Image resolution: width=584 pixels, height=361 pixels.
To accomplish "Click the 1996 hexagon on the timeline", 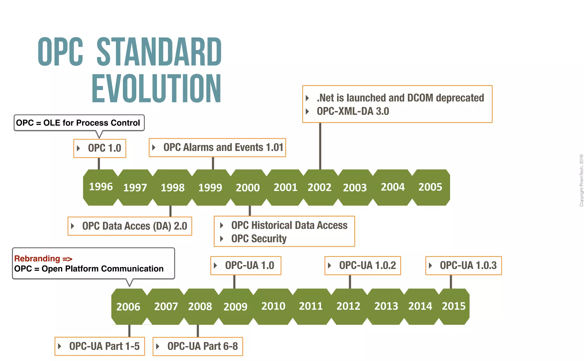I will (x=101, y=187).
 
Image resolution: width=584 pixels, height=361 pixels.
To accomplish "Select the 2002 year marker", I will (x=319, y=187).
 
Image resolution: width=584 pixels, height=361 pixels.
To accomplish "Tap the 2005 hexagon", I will (x=430, y=187).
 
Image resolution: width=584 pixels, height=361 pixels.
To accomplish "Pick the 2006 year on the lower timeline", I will (x=128, y=307).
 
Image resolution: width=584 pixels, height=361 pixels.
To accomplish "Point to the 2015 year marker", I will (x=453, y=306).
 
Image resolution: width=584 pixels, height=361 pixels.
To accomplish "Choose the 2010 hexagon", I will (x=273, y=306).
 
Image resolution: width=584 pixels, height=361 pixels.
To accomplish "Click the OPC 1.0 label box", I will (x=100, y=148).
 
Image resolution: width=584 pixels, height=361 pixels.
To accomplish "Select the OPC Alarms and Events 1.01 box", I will (x=217, y=147).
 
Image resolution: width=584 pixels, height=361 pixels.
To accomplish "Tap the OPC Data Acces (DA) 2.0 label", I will (x=130, y=226).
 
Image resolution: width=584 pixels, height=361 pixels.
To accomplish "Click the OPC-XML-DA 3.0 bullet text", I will (x=353, y=111).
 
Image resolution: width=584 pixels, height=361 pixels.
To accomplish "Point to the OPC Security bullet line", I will (x=259, y=239).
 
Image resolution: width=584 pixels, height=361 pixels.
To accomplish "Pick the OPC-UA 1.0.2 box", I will (x=363, y=265).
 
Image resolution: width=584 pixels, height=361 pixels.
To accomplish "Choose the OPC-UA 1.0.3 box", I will (x=464, y=265).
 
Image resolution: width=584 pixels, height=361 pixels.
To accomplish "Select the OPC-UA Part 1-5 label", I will (x=100, y=346).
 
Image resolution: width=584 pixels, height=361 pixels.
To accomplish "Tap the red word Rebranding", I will (x=37, y=259).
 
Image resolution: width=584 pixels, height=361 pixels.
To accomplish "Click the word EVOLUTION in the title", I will (x=156, y=88).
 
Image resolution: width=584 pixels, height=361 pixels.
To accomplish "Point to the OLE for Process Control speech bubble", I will (x=79, y=123).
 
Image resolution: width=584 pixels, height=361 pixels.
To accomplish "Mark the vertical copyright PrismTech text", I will (x=581, y=180).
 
